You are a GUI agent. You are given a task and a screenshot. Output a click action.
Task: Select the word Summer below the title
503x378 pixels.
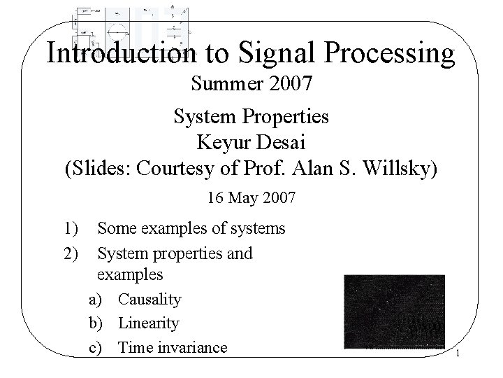pos(224,86)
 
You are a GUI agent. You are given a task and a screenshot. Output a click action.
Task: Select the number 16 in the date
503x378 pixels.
pos(216,198)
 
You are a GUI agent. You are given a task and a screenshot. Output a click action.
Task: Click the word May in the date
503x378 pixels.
pos(242,198)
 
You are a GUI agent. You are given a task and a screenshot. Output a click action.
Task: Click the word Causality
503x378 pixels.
pos(150,300)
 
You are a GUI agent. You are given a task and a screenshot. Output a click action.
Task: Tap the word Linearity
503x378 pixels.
pos(148,323)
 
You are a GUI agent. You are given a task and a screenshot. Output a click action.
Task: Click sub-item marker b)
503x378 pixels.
pos(96,323)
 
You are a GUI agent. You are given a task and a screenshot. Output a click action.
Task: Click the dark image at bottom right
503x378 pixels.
pos(394,311)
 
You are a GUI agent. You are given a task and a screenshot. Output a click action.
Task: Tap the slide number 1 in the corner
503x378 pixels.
pos(457,354)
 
